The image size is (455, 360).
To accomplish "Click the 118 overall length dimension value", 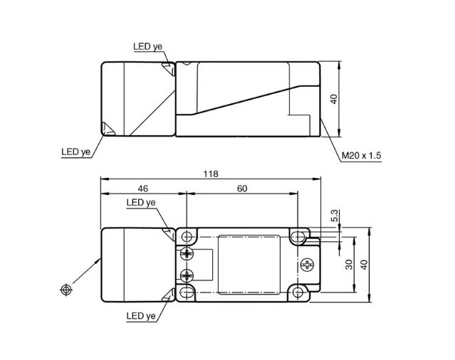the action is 211,174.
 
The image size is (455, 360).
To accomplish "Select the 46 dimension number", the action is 143,189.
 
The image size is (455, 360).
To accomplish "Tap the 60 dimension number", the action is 242,189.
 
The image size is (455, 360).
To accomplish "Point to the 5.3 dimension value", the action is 335,216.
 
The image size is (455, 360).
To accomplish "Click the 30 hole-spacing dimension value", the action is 350,264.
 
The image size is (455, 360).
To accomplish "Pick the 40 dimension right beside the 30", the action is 364,265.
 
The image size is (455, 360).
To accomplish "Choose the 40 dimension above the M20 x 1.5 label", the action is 334,99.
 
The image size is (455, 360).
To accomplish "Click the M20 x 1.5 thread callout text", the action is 361,156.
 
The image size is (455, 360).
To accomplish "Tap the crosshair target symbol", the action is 66,290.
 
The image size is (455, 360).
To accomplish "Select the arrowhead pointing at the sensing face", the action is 97,262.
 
